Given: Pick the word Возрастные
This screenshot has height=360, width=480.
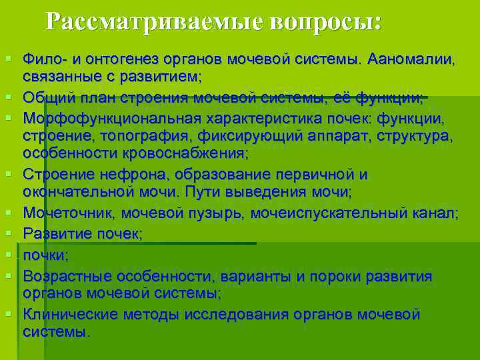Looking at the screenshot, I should tap(67, 276).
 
